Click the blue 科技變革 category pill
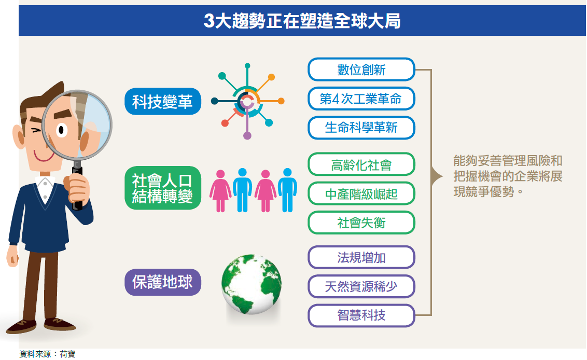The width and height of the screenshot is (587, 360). [x=163, y=102]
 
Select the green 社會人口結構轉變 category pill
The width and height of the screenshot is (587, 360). [x=163, y=188]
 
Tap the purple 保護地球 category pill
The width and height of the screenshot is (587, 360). [x=163, y=282]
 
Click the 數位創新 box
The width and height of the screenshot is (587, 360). [x=361, y=70]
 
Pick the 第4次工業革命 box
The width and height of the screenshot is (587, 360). [x=361, y=99]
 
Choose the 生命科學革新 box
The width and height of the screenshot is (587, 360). [x=361, y=128]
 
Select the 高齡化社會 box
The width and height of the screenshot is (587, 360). [x=361, y=164]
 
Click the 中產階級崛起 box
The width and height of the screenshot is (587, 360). [x=361, y=193]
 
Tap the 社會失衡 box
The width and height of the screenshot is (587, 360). [x=361, y=223]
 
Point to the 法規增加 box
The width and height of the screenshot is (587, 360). [x=361, y=257]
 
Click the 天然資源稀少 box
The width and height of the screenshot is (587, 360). [x=361, y=286]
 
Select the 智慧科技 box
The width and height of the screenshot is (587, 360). [x=361, y=315]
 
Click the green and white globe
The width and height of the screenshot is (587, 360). [x=251, y=284]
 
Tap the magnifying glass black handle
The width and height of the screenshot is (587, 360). [x=77, y=187]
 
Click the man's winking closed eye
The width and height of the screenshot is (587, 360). [x=36, y=131]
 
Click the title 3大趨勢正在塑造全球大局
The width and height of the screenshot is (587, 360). [x=302, y=21]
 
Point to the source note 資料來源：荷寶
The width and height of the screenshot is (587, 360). [x=47, y=354]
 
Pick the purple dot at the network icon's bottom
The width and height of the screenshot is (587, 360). [x=247, y=135]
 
